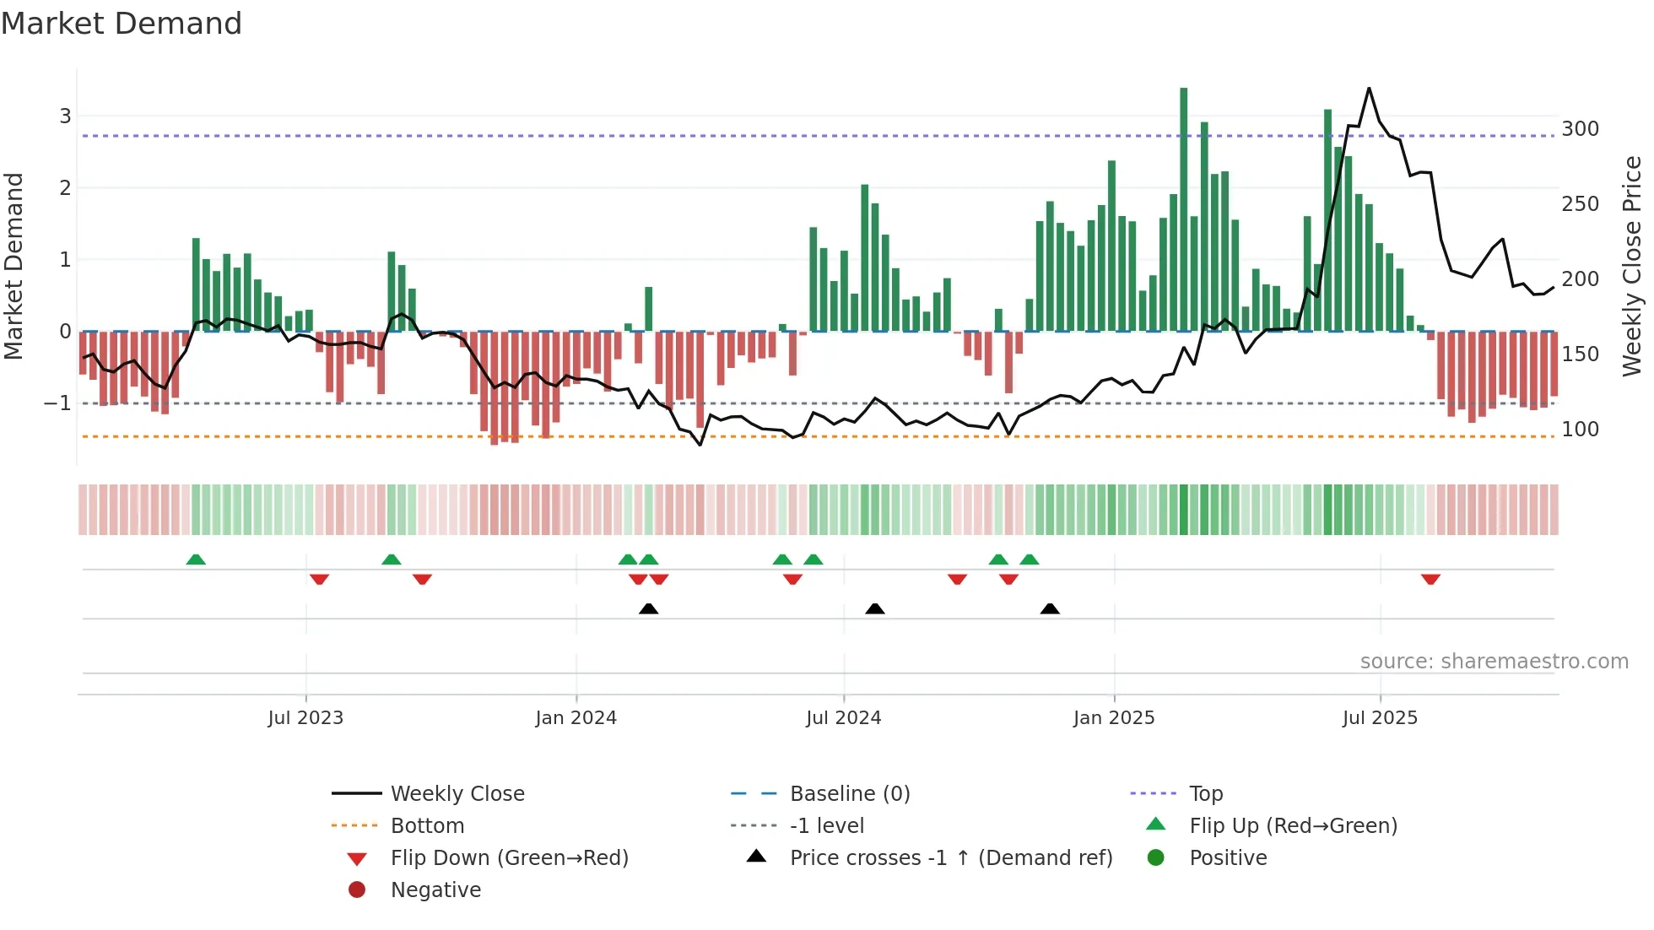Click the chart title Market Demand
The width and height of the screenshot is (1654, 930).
click(122, 24)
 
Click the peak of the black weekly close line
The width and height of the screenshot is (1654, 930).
click(1369, 88)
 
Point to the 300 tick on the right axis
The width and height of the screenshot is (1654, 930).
click(1580, 129)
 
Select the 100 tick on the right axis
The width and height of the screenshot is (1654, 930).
click(1580, 430)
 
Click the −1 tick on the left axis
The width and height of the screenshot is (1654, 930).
click(57, 403)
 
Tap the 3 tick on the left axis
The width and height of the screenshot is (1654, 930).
click(65, 116)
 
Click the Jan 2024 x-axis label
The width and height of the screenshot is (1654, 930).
click(576, 718)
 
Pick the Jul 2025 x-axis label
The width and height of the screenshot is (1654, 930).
click(1380, 718)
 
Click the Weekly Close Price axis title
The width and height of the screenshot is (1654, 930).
click(1632, 266)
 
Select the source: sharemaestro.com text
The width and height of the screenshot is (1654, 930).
click(1494, 662)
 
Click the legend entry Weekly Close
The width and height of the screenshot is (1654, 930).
click(457, 794)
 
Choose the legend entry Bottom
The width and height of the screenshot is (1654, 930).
click(427, 826)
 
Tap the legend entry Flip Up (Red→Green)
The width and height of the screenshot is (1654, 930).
click(1293, 826)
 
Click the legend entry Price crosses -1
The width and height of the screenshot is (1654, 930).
click(950, 858)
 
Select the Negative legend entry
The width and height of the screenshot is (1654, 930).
click(435, 890)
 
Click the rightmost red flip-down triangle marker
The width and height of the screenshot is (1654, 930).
click(1430, 579)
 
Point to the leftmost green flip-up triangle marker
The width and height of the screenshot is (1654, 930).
click(196, 560)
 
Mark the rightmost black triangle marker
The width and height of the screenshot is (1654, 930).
click(1050, 608)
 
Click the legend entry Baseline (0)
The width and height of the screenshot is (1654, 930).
click(849, 794)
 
